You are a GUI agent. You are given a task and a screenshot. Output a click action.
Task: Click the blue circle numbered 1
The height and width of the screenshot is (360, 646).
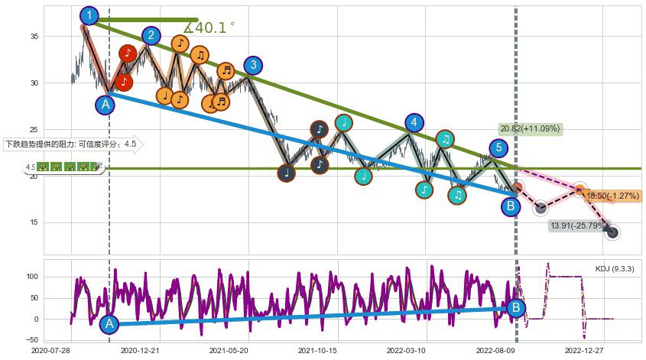click(89, 15)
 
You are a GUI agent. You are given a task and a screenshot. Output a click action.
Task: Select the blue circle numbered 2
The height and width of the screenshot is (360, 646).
click(151, 35)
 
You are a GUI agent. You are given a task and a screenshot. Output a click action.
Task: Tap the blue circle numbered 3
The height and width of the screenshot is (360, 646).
click(253, 65)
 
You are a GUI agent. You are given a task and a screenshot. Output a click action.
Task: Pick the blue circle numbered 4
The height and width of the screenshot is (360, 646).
click(414, 122)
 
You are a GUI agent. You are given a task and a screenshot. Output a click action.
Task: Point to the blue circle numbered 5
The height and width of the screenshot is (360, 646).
click(498, 148)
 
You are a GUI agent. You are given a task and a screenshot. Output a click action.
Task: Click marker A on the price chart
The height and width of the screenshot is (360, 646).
click(106, 104)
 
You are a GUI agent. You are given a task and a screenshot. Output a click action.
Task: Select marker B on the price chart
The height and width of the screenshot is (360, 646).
click(511, 206)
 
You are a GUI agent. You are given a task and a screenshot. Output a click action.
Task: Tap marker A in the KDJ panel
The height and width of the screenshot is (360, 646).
click(109, 324)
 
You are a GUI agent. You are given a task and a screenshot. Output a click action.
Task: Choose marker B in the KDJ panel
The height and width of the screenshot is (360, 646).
click(516, 308)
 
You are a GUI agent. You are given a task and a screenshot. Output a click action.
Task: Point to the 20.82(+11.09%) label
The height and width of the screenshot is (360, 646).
click(530, 128)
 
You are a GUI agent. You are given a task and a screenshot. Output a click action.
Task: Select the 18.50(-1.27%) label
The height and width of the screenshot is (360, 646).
click(612, 196)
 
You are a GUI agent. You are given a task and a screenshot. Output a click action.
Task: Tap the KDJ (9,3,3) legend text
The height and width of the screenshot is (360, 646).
click(614, 269)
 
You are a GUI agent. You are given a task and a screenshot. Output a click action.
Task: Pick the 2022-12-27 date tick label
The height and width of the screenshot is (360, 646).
click(583, 349)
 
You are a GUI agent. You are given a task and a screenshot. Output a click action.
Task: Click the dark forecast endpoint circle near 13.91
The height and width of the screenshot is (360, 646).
click(612, 232)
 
